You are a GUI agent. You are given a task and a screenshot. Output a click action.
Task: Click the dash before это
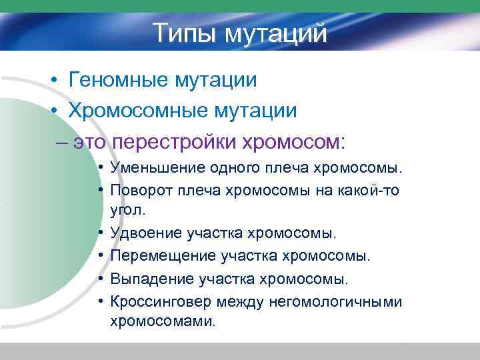pos(62,142)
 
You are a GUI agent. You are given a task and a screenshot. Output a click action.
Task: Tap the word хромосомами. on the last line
pos(163,321)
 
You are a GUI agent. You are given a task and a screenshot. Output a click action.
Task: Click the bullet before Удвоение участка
pos(99,233)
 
